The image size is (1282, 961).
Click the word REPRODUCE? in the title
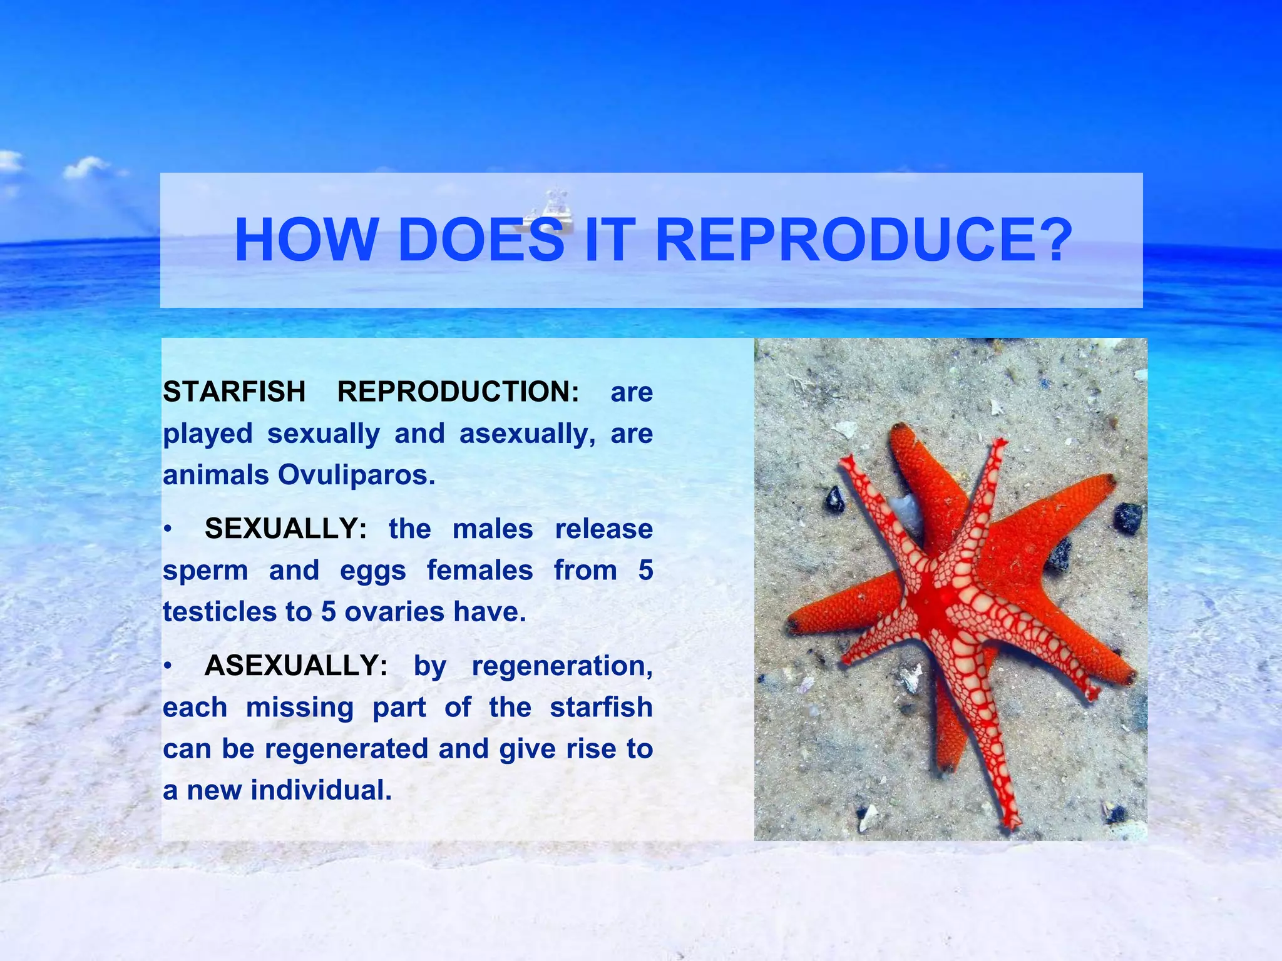coord(864,241)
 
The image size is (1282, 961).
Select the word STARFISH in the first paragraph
coord(234,392)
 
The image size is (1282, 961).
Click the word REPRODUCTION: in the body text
coord(458,392)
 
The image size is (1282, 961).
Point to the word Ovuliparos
coord(356,475)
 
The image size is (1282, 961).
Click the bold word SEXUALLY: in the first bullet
coord(285,529)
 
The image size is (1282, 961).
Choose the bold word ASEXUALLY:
coord(295,666)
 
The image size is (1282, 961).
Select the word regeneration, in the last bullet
coord(562,666)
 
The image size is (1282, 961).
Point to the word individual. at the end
coord(321,790)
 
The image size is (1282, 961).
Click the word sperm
coord(205,571)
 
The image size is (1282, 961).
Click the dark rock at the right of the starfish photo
coord(1128,518)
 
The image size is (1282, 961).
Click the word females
coord(479,571)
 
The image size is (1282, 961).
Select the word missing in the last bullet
coord(299,708)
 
